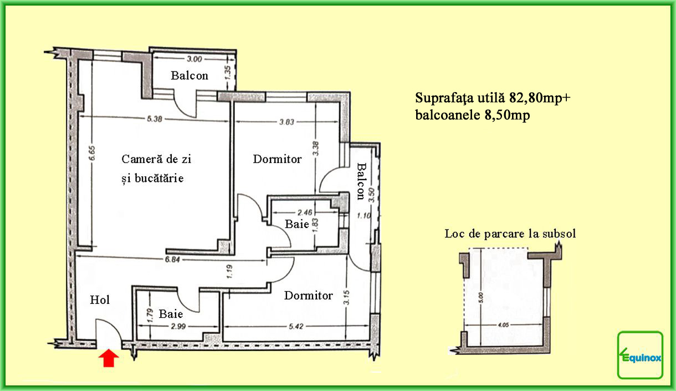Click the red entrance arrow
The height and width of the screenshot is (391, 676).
pos(109,358)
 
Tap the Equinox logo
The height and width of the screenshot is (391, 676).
pos(640,355)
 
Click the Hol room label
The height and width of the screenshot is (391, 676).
pos(100,299)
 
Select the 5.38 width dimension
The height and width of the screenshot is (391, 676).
pos(155,119)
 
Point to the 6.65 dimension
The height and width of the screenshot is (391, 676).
pos(93,154)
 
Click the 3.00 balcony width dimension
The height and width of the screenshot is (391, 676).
pos(194,59)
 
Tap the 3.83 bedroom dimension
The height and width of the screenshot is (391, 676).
pos(286,122)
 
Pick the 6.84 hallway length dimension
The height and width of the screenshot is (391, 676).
pos(172,259)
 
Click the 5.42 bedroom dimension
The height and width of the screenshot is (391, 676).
pos(296,326)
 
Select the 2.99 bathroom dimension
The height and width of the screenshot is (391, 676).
pos(178,326)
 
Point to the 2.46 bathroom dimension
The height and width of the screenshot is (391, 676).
pos(305,212)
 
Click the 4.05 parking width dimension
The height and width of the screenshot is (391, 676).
pos(503,325)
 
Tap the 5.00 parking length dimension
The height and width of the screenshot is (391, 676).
pos(481,297)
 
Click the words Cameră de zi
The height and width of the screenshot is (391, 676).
pos(156,159)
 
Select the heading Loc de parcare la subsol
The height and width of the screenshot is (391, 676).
pos(510,233)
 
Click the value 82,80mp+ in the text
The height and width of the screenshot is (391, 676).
pos(540,98)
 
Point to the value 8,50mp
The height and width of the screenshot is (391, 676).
pos(507,115)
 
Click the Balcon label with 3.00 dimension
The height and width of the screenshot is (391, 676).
pos(190,75)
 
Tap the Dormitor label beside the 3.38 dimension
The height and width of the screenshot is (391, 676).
pos(277,159)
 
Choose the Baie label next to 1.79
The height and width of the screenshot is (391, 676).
pos(171,314)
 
